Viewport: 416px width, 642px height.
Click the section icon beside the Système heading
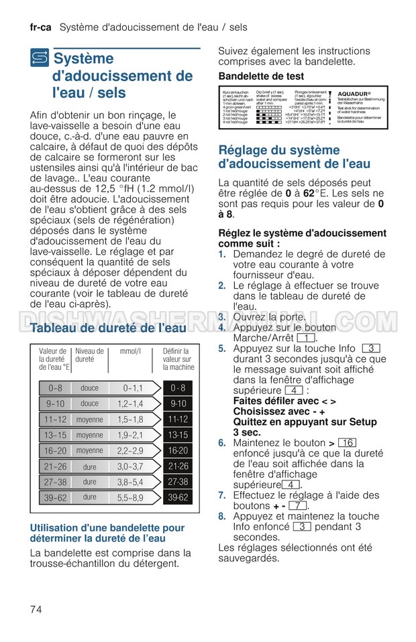[40, 60]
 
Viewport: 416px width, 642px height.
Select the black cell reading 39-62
[178, 497]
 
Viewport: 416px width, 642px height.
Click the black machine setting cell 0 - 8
[178, 388]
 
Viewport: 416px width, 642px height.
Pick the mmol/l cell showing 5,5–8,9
[130, 497]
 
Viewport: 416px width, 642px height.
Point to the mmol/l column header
[130, 351]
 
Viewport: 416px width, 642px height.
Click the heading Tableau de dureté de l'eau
[109, 328]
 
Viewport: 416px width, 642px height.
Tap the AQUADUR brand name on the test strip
[355, 94]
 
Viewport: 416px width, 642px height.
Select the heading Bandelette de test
[261, 76]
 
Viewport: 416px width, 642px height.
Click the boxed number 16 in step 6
[347, 443]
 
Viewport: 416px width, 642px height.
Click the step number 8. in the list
[222, 517]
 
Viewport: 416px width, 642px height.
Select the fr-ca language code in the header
[41, 27]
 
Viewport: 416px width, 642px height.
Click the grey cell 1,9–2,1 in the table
[130, 435]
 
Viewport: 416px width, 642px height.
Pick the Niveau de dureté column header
[89, 355]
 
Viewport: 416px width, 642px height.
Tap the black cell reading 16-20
[178, 450]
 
